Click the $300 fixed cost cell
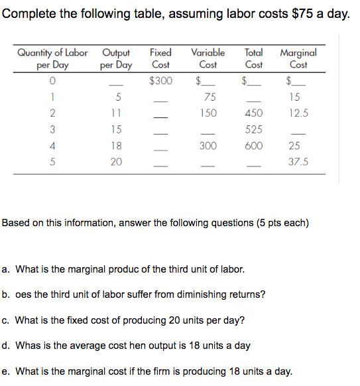(x=160, y=81)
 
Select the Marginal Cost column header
(x=298, y=58)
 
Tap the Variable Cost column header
(x=208, y=58)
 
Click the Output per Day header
(x=116, y=58)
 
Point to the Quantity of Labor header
(x=52, y=58)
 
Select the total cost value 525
(x=253, y=129)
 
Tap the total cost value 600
(x=253, y=146)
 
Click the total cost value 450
(x=253, y=113)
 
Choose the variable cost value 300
(x=208, y=146)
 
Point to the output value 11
(x=116, y=113)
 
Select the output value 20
(x=116, y=162)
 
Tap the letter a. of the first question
(x=6, y=269)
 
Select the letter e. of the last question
(x=6, y=371)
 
